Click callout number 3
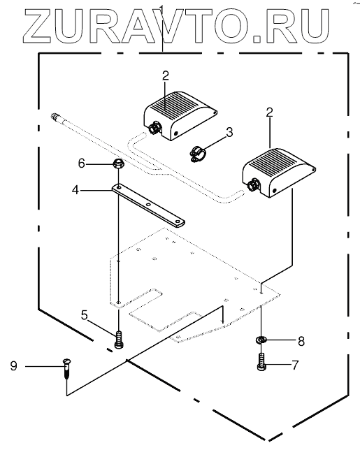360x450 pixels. [229, 132]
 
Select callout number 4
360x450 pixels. [75, 189]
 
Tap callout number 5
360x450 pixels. [84, 315]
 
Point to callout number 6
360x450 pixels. [82, 164]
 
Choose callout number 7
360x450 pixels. [295, 365]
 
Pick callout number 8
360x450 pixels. [301, 341]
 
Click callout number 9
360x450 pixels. [14, 366]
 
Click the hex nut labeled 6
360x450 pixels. [118, 164]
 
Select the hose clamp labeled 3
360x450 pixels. [197, 154]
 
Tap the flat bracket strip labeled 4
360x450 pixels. [148, 205]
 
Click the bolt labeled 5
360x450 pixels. [119, 340]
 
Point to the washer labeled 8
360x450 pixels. [261, 340]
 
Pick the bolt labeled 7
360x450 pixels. [261, 362]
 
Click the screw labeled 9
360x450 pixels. [66, 369]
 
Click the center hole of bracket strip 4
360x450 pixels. [148, 205]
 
